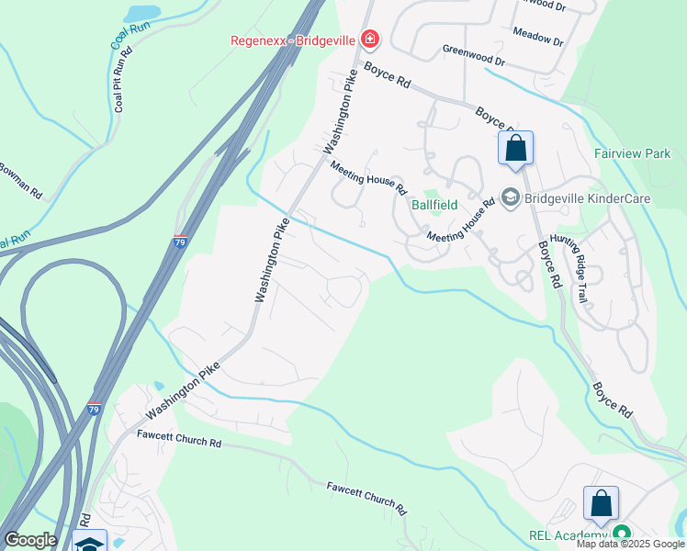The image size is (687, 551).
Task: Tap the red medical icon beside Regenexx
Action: pyautogui.click(x=369, y=39)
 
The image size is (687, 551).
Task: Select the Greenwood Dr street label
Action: pyautogui.click(x=474, y=56)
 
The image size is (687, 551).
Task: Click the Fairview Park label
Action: pyautogui.click(x=632, y=154)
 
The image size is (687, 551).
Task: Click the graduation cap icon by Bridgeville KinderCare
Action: pyautogui.click(x=510, y=197)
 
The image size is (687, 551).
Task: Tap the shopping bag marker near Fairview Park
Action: pyautogui.click(x=515, y=149)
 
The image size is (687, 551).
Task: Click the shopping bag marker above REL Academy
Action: pyautogui.click(x=601, y=504)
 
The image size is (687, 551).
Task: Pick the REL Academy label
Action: pyautogui.click(x=569, y=535)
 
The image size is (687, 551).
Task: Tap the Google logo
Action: pyautogui.click(x=30, y=540)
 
